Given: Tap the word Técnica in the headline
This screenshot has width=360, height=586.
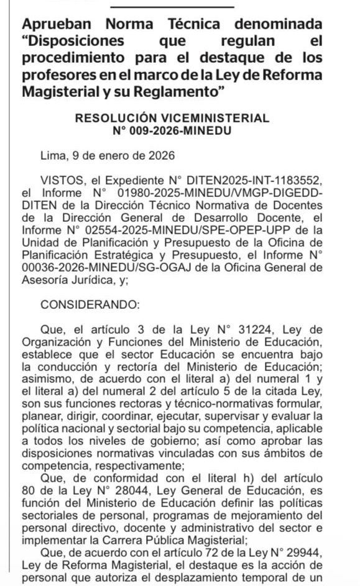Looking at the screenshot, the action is [201, 25].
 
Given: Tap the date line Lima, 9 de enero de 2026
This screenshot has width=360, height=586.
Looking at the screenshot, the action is [107, 155].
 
